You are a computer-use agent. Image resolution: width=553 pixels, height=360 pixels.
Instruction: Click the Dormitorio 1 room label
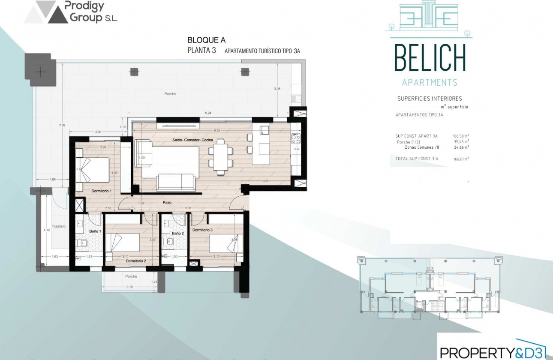click(x=101, y=190)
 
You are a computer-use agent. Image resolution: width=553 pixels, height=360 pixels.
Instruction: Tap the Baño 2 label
click(x=178, y=233)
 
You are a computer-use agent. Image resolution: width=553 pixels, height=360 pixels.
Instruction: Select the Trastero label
click(x=58, y=226)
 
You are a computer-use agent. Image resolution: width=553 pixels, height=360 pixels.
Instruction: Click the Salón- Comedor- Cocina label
click(x=197, y=140)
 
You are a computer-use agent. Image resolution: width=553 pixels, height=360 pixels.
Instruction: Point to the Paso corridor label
click(x=168, y=202)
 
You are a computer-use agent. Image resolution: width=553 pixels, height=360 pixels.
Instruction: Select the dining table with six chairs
click(x=220, y=156)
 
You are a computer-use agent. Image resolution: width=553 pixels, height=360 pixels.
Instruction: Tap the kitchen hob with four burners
click(x=295, y=138)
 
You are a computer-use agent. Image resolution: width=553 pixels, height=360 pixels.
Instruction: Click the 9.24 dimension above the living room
click(x=208, y=113)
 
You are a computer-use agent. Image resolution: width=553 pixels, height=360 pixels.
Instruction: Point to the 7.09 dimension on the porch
click(x=62, y=125)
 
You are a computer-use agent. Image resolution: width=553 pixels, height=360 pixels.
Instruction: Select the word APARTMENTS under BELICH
click(x=430, y=82)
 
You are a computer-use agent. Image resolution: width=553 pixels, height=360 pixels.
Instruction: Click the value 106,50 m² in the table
click(x=461, y=136)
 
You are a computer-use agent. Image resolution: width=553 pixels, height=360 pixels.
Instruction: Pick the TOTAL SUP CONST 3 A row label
click(x=417, y=159)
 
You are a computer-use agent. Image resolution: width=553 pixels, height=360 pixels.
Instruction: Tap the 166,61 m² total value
click(x=461, y=159)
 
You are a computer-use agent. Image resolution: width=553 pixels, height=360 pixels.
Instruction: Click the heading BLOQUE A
click(x=207, y=40)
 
